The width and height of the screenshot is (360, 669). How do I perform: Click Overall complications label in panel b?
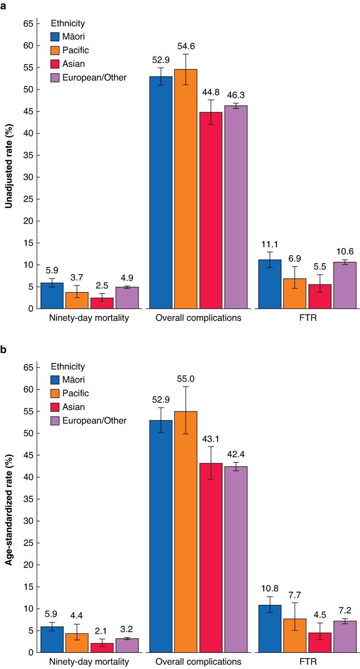click(198, 662)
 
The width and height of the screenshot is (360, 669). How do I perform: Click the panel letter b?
click(4, 350)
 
